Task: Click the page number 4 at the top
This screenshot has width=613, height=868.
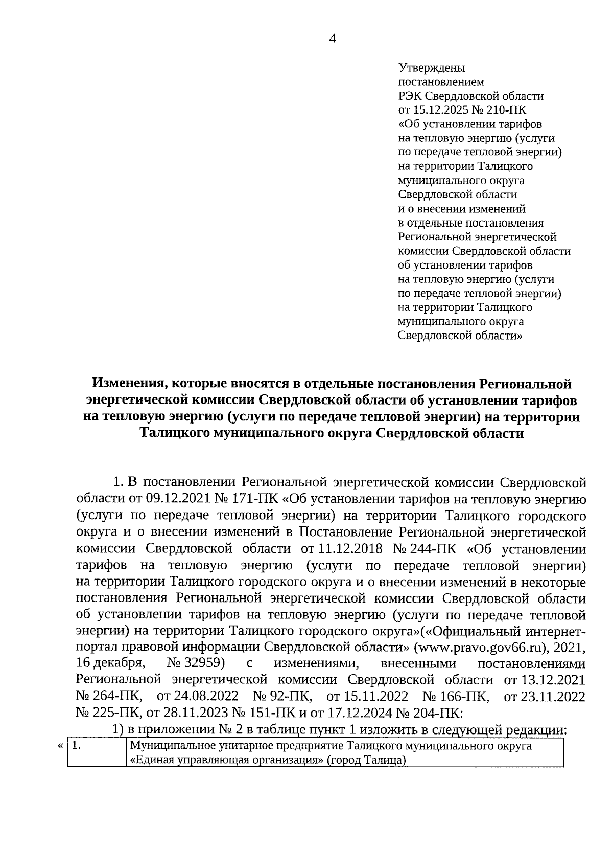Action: (333, 39)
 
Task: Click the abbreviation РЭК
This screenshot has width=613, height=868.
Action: (410, 96)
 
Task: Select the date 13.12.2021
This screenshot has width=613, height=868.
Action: (552, 680)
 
